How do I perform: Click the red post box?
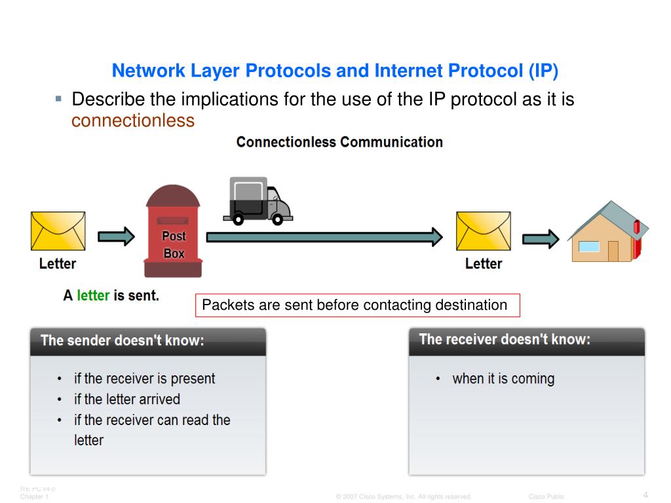point(174,233)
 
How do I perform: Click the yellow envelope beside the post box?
point(58,231)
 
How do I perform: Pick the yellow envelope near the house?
point(483,231)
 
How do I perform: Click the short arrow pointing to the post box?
point(116,236)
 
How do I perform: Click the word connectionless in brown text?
point(133,121)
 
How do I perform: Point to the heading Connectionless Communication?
point(339,142)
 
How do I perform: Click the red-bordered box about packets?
point(358,305)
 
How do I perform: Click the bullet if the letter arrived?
point(126,399)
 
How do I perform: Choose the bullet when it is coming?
point(503,379)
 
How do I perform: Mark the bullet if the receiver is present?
point(144,379)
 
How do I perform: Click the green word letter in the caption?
point(93,295)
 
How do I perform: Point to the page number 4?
point(645,494)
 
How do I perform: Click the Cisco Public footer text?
point(546,497)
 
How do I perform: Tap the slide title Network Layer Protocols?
point(335,71)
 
